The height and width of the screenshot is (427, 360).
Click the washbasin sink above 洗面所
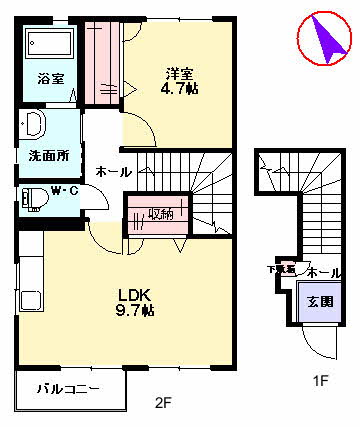32,125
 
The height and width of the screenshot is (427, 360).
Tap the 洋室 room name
179,72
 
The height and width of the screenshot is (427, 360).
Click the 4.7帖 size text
179,88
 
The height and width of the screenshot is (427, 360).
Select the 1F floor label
321,381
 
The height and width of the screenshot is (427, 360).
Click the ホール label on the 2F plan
111,172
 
